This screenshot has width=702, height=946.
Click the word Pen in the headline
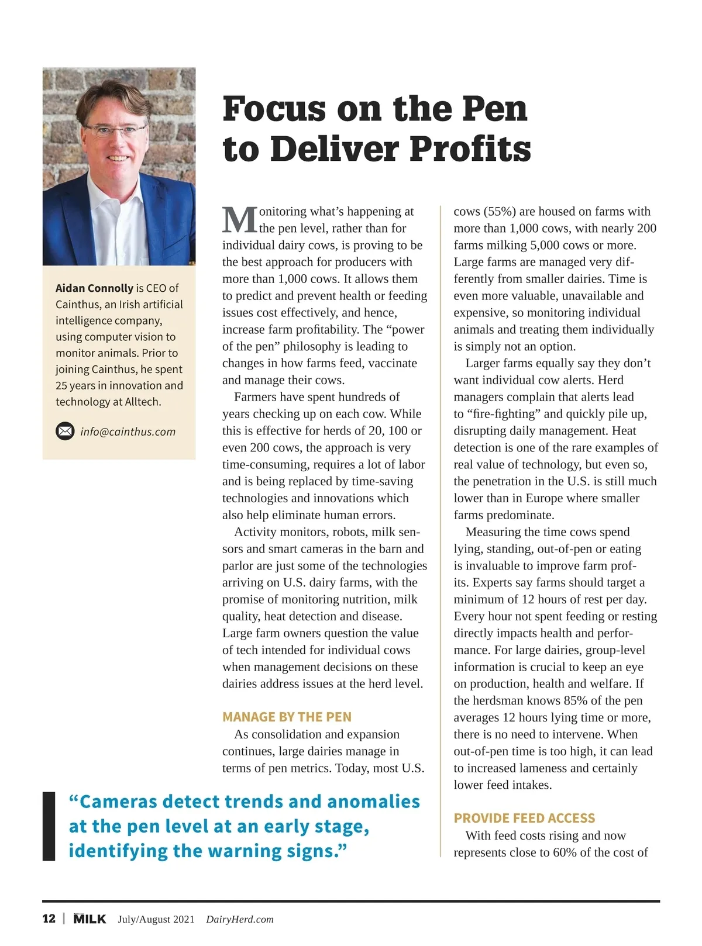coord(494,109)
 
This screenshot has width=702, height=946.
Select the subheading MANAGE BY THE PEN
coord(287,717)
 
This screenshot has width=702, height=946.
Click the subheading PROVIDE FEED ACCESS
coord(524,818)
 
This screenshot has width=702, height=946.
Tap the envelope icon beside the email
coord(65,431)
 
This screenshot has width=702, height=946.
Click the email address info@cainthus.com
coord(128,431)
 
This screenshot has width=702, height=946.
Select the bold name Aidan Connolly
coord(94,288)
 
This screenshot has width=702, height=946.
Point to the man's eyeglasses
coord(115,130)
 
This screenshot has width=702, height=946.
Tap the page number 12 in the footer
coord(49,919)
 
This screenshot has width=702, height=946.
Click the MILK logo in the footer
coord(90,919)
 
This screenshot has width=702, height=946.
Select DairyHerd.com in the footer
coord(240,919)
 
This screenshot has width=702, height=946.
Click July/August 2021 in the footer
coord(156,919)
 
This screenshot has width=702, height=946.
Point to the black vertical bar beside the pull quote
coord(49,826)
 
